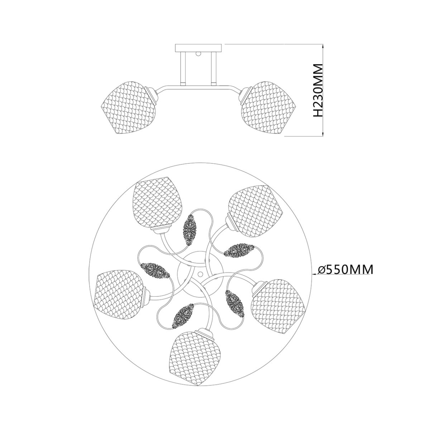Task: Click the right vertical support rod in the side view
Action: (x=213, y=68)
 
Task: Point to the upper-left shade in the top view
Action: (x=157, y=204)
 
